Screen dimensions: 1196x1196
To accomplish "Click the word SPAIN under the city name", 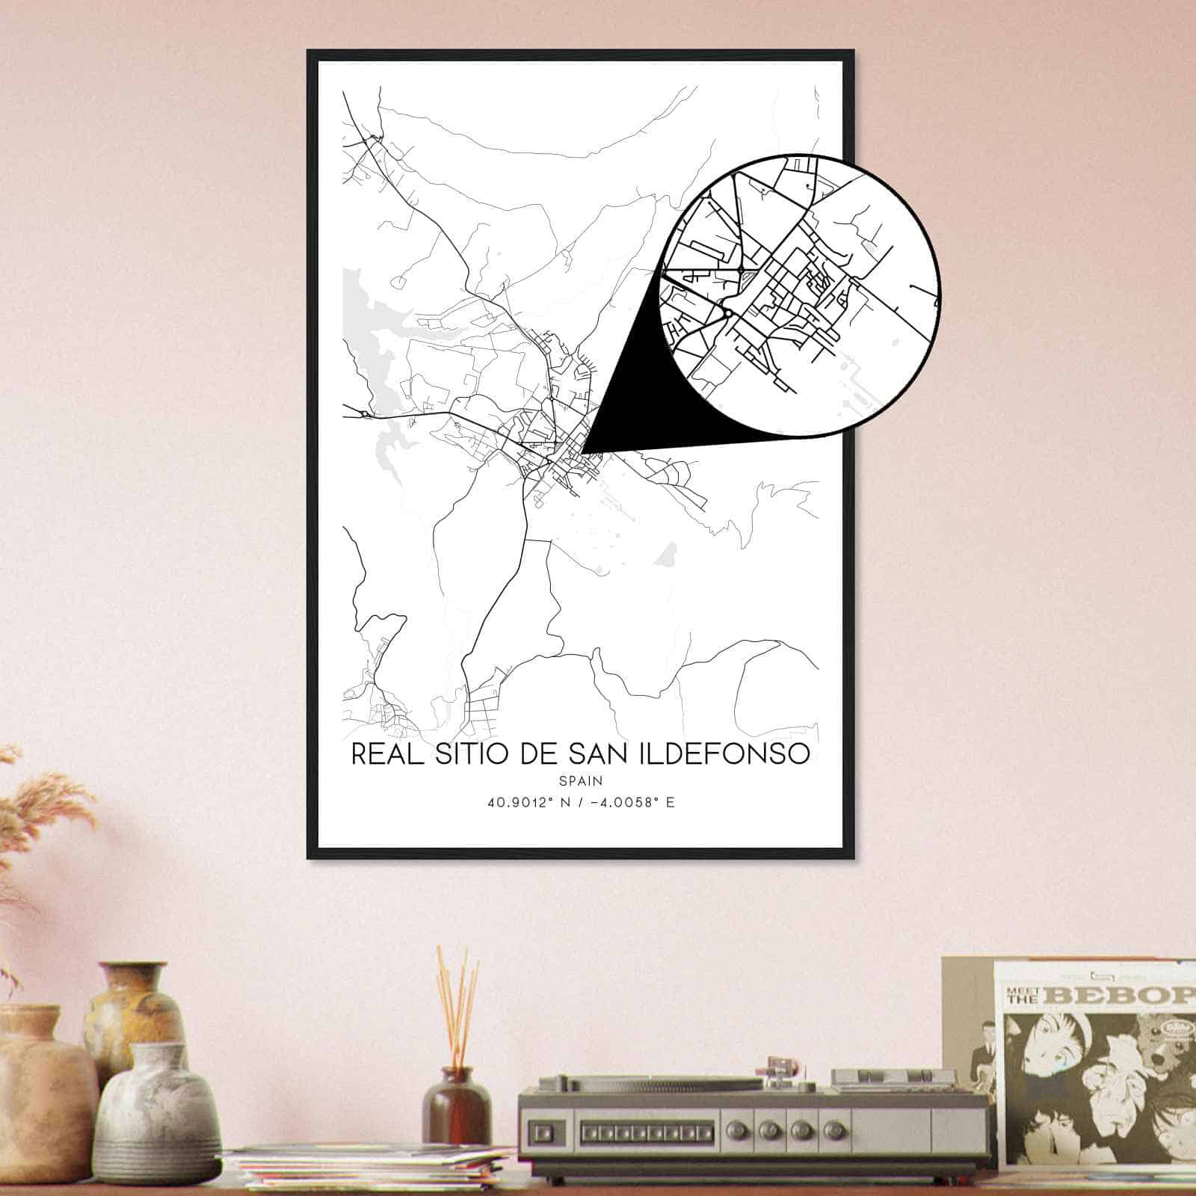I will [x=580, y=780].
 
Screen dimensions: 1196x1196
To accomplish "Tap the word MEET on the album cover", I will [x=1022, y=991].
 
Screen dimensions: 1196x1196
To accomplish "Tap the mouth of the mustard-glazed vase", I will [x=133, y=970].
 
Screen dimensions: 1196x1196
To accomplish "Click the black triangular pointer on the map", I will [x=643, y=396].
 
